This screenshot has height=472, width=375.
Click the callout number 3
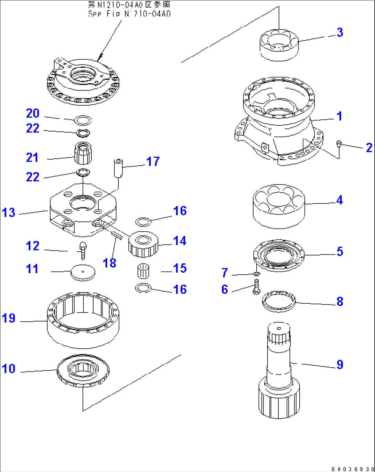(340, 32)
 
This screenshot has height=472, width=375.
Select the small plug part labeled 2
(339, 144)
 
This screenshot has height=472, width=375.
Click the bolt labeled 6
(256, 287)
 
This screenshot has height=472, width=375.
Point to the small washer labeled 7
(256, 274)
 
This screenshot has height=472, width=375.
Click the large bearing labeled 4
(279, 206)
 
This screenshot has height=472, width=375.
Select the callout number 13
(9, 212)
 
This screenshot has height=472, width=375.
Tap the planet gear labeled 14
(143, 244)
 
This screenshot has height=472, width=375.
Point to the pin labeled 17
(119, 168)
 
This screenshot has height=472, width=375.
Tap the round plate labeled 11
(83, 272)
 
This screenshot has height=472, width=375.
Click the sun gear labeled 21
(83, 154)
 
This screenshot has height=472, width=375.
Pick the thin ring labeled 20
(83, 120)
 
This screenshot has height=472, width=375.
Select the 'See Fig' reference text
(129, 14)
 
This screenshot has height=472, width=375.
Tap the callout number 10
(9, 369)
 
